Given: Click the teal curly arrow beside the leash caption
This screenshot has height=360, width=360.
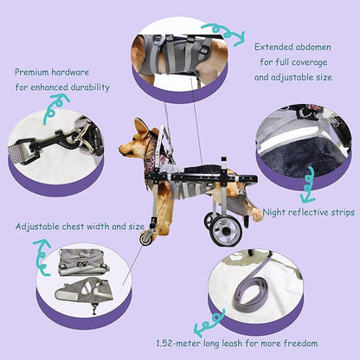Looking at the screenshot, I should click(209, 326).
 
